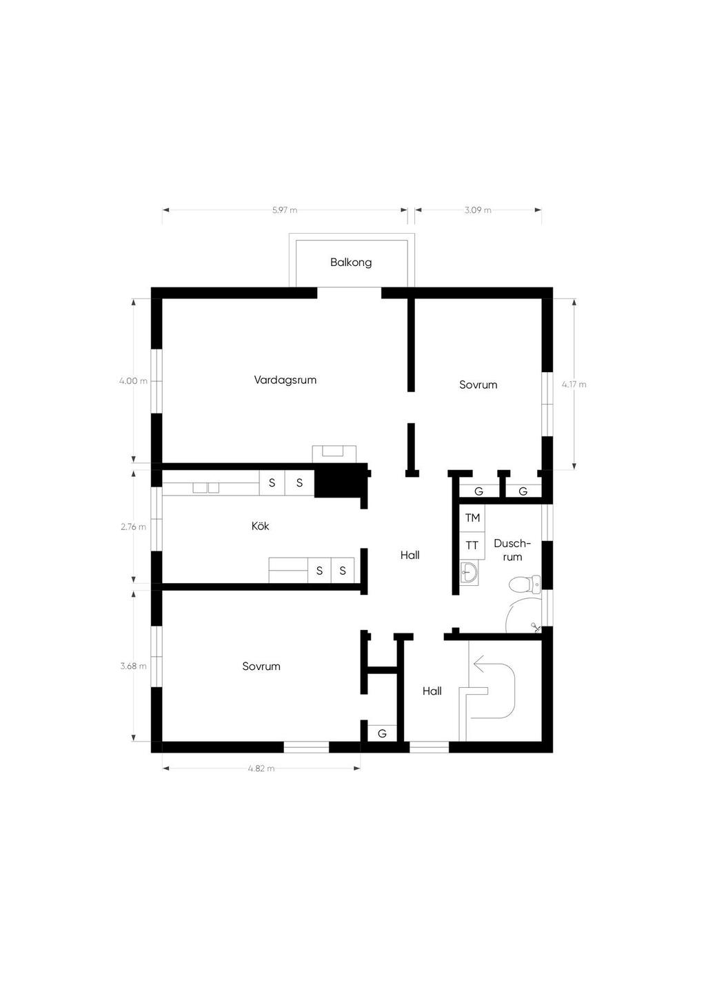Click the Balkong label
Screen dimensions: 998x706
(x=351, y=263)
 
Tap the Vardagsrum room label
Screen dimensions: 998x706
(x=285, y=380)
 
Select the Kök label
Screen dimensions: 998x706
(x=260, y=526)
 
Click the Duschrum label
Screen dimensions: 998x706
(x=512, y=550)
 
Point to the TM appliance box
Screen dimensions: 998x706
(x=472, y=518)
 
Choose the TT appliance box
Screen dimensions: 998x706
(x=472, y=545)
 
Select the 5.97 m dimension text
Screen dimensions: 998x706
(x=285, y=210)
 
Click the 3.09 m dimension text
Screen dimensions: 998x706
(x=478, y=210)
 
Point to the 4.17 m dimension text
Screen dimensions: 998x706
(x=574, y=385)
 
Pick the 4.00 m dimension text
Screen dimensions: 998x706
(x=133, y=381)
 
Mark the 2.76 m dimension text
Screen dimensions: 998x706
(x=133, y=527)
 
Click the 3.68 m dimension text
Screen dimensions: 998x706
(x=133, y=666)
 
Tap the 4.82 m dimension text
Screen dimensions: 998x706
(x=261, y=768)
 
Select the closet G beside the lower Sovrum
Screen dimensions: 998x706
(x=382, y=734)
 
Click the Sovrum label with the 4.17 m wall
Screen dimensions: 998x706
(x=478, y=385)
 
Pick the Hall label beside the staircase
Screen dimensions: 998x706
(x=432, y=691)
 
